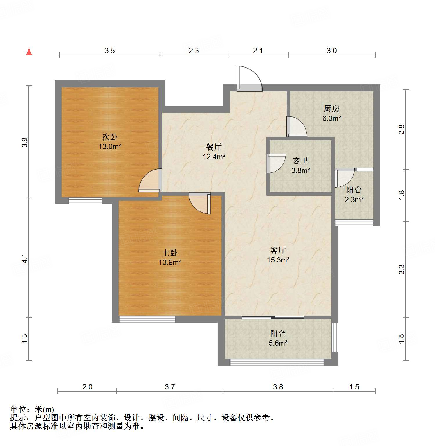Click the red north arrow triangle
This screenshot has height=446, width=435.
[x=29, y=52]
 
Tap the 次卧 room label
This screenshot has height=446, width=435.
[x=110, y=137]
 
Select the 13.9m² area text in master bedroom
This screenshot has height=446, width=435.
[x=170, y=262]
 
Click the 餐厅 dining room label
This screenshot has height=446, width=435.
[x=214, y=147]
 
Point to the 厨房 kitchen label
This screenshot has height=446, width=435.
[x=331, y=109]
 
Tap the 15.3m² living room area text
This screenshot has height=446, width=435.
[x=278, y=260]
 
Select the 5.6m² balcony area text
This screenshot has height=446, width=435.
[x=278, y=343]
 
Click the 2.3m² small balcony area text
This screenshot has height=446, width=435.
[x=354, y=200]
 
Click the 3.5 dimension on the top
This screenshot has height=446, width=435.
[x=110, y=51]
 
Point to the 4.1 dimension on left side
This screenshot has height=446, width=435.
[x=25, y=258]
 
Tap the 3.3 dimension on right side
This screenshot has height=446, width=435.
[x=401, y=269]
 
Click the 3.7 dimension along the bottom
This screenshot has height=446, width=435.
[x=170, y=387]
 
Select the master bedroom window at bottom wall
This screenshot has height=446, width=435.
[x=147, y=319]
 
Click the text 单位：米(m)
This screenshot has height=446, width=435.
[x=32, y=409]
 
